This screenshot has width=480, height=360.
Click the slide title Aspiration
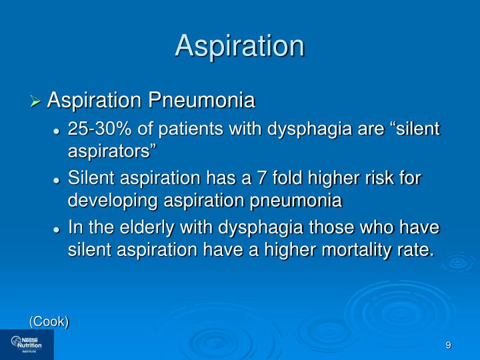pyautogui.click(x=240, y=46)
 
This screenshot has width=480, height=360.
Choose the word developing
pyautogui.click(x=115, y=201)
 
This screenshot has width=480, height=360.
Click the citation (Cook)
pyautogui.click(x=49, y=321)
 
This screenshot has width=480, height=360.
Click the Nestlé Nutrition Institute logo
pyautogui.click(x=27, y=344)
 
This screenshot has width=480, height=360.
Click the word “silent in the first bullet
pyautogui.click(x=415, y=129)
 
